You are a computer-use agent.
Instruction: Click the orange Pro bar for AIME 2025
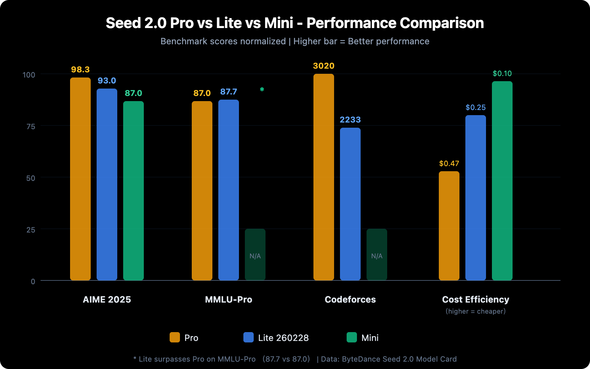80,179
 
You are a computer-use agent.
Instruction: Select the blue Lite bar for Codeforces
350,204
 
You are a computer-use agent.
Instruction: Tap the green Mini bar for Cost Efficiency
502,181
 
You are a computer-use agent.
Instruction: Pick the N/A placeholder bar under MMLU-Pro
255,255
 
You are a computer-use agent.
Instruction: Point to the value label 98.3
80,69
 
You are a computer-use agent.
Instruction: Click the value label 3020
324,66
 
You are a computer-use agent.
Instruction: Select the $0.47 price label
449,163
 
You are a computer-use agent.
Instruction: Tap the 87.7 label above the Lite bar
229,92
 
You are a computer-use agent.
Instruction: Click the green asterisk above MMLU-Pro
262,89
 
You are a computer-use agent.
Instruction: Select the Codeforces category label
350,299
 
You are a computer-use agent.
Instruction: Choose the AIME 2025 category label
107,299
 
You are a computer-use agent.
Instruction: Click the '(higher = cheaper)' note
476,311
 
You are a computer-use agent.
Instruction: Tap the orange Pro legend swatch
175,337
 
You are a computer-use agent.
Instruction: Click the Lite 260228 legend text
283,338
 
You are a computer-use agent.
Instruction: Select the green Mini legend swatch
352,337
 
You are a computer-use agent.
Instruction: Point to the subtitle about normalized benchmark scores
295,41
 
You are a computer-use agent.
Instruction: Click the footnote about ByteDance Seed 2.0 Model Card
389,359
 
